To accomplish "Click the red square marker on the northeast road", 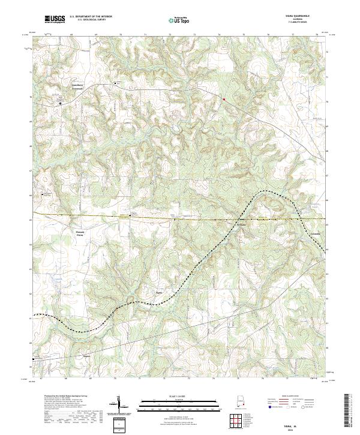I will pos(224,98).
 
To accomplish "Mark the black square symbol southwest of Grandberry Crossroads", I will pos(60,103).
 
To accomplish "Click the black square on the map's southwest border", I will pos(34,359).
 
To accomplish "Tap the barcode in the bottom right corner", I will pos(348,412).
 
